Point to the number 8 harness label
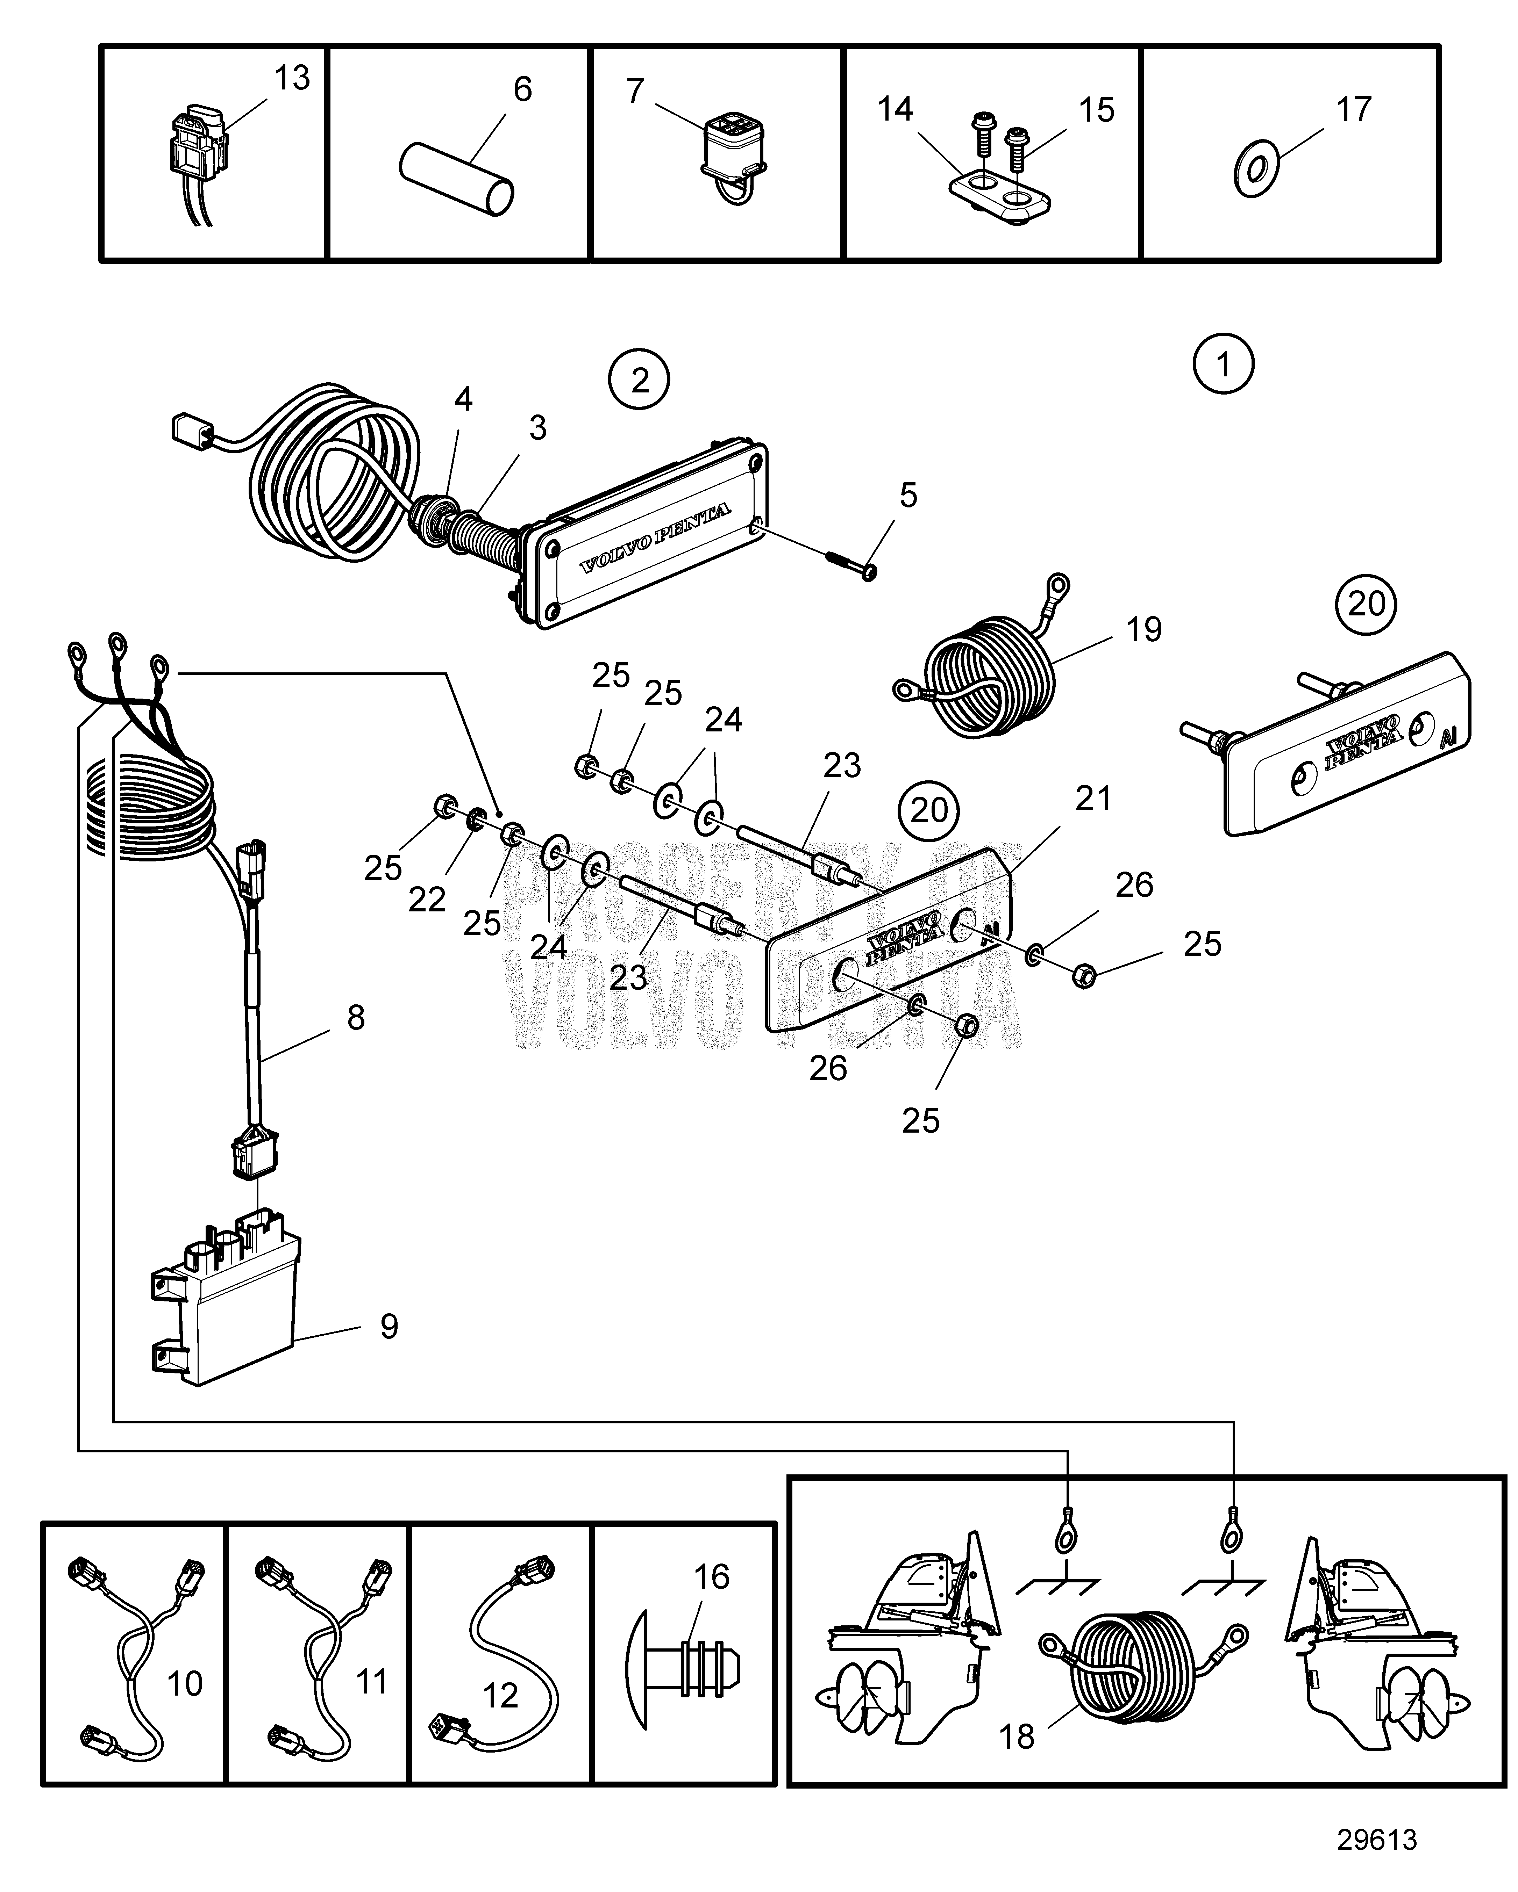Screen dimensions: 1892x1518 tap(356, 1018)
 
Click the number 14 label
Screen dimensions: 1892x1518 tap(896, 110)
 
